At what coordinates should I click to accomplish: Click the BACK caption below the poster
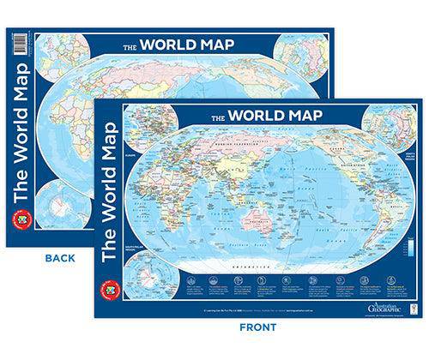tap(61, 257)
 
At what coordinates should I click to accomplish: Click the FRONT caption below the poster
tap(258, 327)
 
